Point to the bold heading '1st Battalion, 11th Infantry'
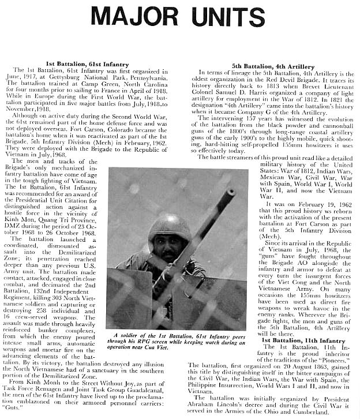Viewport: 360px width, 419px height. (304, 341)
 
